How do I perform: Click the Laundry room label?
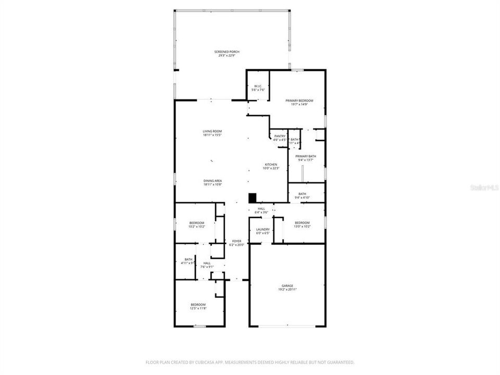(262, 231)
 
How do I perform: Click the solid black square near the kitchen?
(253, 198)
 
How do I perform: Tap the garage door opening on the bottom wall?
(287, 327)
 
